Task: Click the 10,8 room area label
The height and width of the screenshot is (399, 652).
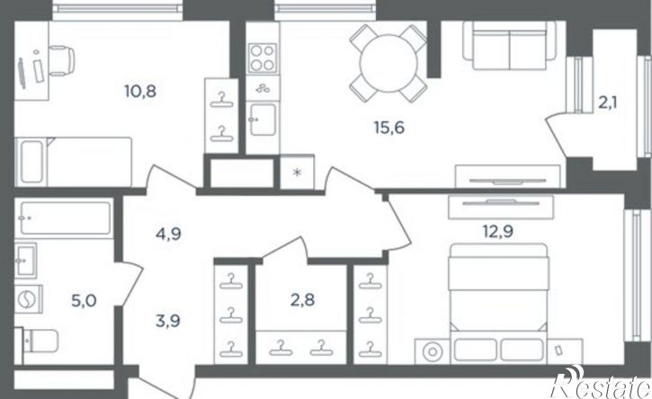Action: click(140, 91)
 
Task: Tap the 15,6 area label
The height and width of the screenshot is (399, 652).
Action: click(389, 128)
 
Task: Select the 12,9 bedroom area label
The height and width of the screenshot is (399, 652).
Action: click(497, 231)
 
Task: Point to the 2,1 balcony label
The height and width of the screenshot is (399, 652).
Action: click(608, 102)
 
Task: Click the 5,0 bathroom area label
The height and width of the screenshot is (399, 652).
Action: click(84, 300)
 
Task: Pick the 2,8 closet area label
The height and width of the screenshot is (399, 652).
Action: click(302, 299)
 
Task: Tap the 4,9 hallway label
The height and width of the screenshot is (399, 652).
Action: click(168, 235)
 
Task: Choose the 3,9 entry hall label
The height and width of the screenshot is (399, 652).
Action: click(167, 321)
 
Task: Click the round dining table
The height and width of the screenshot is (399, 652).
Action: click(389, 63)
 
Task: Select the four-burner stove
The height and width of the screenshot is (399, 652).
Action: click(263, 58)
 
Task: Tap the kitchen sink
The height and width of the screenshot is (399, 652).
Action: click(263, 120)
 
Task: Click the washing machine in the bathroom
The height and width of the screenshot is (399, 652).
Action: click(28, 299)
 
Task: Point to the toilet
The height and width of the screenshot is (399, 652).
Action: click(37, 341)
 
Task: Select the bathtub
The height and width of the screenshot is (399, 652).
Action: click(66, 218)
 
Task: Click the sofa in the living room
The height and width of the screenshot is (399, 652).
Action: click(509, 46)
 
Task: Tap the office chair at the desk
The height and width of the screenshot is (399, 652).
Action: click(61, 61)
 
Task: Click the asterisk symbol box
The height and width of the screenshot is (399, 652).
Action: click(297, 172)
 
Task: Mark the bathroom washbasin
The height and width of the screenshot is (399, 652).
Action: click(26, 261)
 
